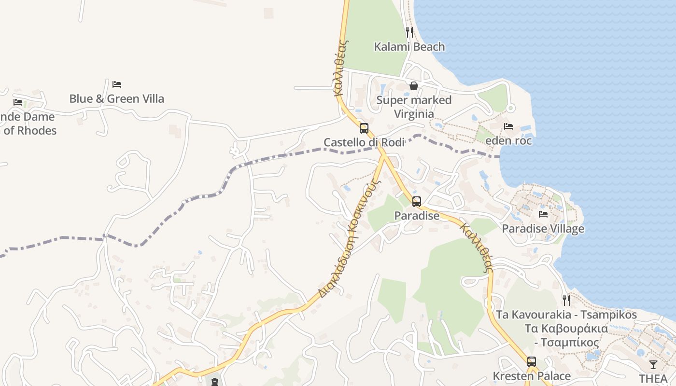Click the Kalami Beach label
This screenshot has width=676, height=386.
point(409,47)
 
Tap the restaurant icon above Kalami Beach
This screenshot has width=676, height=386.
point(409,32)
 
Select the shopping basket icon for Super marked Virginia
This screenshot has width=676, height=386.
point(414,86)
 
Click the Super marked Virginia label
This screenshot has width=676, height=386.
point(414,107)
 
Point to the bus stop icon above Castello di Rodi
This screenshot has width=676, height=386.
point(364,128)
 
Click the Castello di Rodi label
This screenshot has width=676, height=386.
point(364,142)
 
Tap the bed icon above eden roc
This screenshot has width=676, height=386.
point(508,126)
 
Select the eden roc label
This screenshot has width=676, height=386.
point(508,141)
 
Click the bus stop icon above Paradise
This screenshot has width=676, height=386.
point(417,202)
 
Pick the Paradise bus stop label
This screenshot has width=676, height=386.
point(417,216)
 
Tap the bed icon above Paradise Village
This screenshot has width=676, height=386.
point(543,214)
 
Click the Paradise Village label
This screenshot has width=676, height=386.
point(543,229)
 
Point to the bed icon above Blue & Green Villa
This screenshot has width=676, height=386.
point(117,84)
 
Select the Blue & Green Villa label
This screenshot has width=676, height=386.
point(117,99)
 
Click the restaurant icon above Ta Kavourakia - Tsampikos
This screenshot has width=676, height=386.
point(566,301)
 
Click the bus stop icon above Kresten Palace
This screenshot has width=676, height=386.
point(532,361)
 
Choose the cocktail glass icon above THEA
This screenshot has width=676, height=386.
point(653,365)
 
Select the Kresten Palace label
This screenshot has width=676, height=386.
point(532,376)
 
